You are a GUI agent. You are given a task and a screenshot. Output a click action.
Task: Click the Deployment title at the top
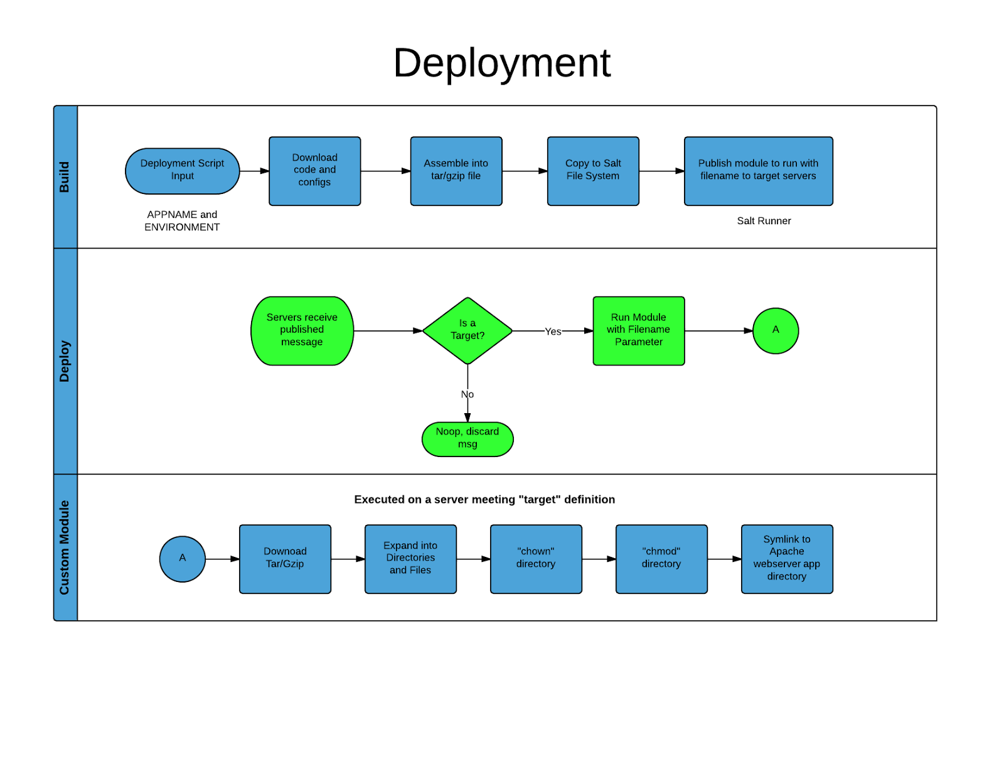tap(501, 63)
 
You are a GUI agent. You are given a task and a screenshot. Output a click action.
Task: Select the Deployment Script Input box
tap(182, 171)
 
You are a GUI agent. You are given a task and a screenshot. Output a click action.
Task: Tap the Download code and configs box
tap(314, 171)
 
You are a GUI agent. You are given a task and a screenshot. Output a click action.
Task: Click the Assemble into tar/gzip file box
tap(456, 171)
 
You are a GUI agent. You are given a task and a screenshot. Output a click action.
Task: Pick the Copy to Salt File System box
tap(592, 171)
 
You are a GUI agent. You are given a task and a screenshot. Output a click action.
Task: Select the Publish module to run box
tap(758, 171)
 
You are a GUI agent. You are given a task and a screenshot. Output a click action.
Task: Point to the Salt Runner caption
tap(764, 221)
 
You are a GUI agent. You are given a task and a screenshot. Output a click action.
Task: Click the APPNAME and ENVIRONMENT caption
tap(182, 221)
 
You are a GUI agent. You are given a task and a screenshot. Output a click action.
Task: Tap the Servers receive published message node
tap(302, 330)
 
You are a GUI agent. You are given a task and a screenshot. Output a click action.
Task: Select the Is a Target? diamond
tap(467, 330)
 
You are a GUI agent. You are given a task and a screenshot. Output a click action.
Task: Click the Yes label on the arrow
tap(553, 331)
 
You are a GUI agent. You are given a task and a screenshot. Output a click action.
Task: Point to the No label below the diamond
tap(467, 394)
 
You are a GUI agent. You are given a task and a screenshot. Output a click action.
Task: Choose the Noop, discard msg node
tap(467, 438)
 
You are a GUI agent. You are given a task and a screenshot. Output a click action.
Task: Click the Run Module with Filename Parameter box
tap(638, 330)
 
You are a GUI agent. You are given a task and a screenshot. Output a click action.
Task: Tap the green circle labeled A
tap(776, 330)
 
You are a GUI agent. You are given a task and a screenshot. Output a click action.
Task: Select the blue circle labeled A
tap(183, 558)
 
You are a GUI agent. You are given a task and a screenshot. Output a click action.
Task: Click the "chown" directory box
tap(536, 558)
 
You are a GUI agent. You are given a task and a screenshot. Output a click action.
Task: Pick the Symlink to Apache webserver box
tap(787, 558)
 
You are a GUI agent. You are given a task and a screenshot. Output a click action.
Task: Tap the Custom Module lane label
tap(65, 547)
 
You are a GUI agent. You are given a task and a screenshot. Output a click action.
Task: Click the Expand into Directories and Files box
tap(410, 558)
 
